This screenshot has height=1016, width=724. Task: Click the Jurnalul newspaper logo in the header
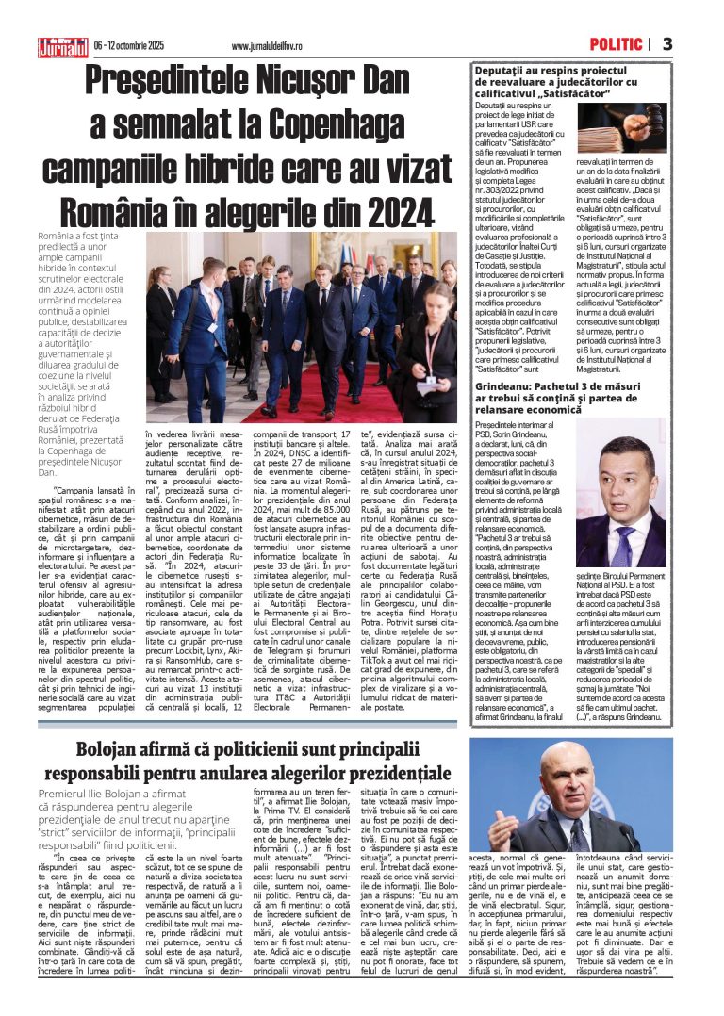coord(62,44)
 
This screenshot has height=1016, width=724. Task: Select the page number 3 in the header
coord(666,44)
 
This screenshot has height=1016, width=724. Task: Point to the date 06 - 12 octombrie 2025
coord(129,45)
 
